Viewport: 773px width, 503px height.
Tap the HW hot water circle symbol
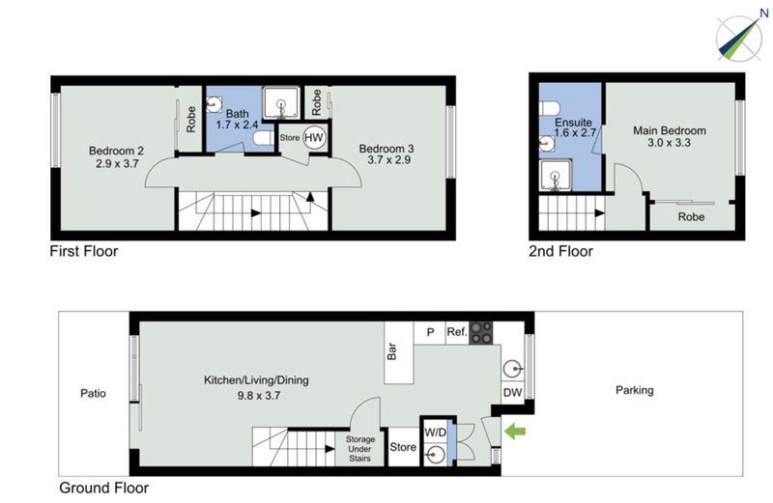(314, 138)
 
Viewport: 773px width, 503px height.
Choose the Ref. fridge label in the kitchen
(457, 332)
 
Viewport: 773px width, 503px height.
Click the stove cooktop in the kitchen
(481, 332)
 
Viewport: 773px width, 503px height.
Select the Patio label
(94, 394)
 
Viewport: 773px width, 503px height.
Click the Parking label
(635, 390)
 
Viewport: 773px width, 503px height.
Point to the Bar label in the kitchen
(392, 349)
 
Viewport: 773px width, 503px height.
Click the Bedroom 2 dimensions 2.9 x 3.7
(116, 165)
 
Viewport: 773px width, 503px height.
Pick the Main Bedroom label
(670, 130)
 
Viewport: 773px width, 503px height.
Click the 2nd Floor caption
(561, 251)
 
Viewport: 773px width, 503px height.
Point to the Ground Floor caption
(103, 488)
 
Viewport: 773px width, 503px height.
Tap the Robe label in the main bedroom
(691, 217)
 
